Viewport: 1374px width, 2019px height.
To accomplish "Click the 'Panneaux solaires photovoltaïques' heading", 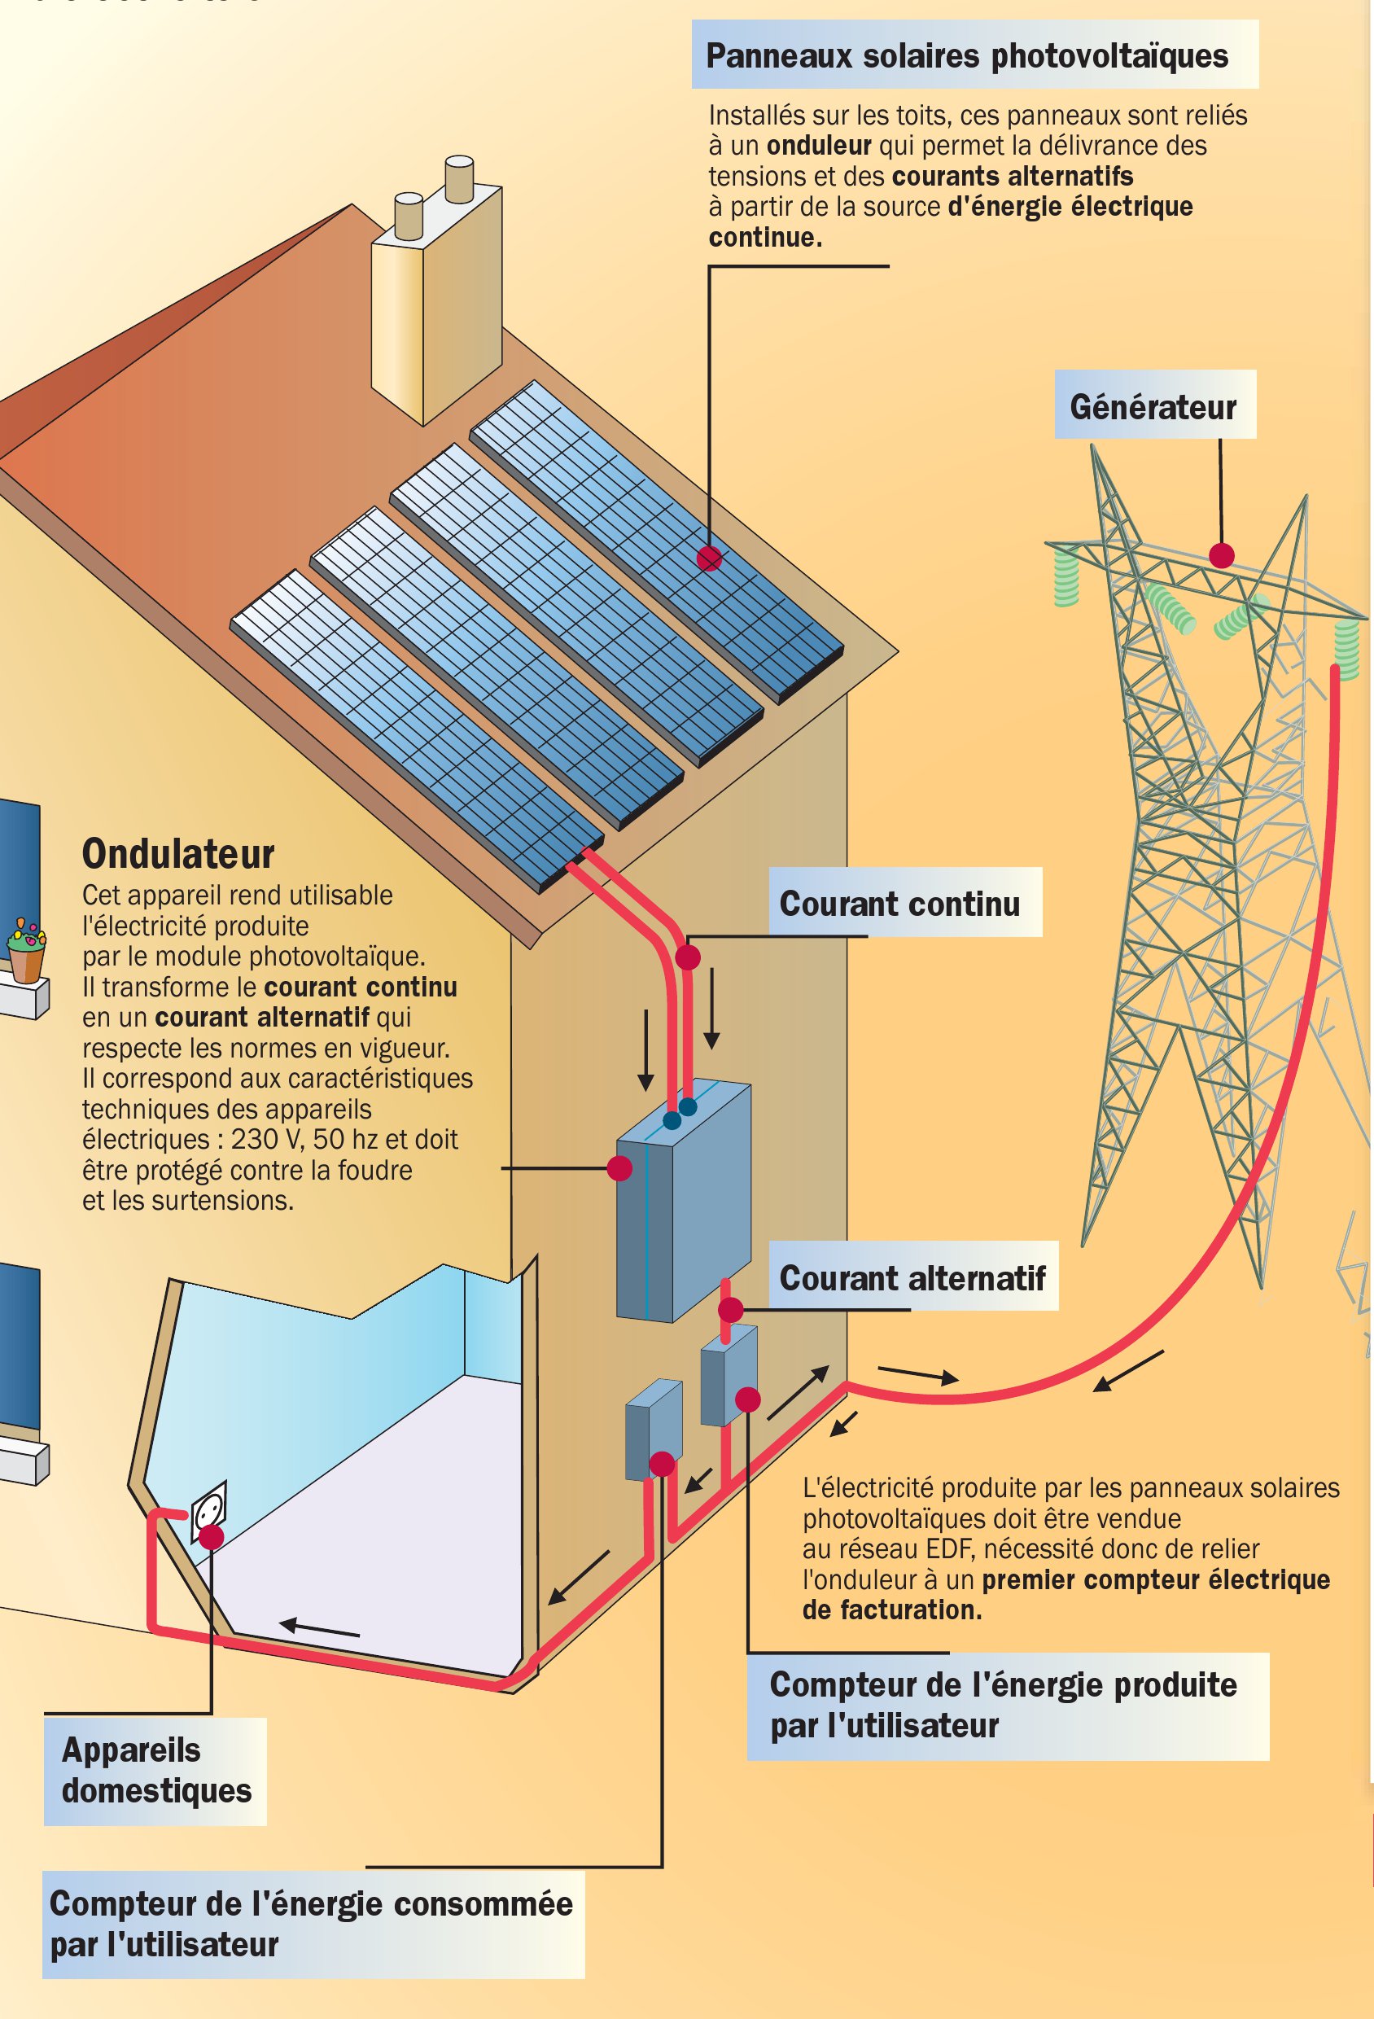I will (x=966, y=56).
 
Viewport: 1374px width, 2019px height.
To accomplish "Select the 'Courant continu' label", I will (x=899, y=904).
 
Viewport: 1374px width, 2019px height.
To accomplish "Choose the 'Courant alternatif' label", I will (x=912, y=1278).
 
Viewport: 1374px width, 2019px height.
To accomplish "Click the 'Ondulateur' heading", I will (x=178, y=854).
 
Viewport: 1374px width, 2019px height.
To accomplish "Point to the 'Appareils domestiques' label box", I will (x=155, y=1771).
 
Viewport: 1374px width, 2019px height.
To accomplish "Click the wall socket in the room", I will (x=208, y=1513).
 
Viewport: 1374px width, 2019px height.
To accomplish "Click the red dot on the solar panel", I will (x=709, y=558).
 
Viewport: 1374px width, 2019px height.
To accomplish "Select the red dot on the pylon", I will (x=1221, y=555).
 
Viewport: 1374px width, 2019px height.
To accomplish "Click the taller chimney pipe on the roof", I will (x=458, y=179).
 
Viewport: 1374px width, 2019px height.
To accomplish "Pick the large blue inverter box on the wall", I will (x=684, y=1203).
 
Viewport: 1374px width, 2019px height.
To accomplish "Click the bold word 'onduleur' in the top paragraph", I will (x=818, y=145).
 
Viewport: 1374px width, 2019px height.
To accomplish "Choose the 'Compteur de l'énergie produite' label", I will (x=1004, y=1704).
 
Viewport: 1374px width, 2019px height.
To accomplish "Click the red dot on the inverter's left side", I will (x=619, y=1168).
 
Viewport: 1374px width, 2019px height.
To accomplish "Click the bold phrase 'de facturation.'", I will (x=892, y=1609).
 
